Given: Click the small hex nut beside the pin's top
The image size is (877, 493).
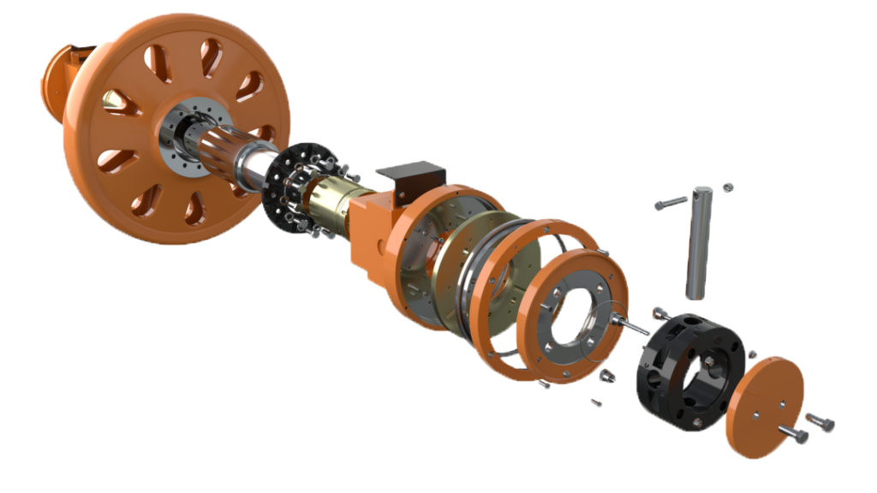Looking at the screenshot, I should pyautogui.click(x=727, y=186).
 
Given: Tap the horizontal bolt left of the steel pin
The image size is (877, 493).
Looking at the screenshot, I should pyautogui.click(x=671, y=204).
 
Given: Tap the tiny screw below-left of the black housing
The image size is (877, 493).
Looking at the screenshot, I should pyautogui.click(x=597, y=402).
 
